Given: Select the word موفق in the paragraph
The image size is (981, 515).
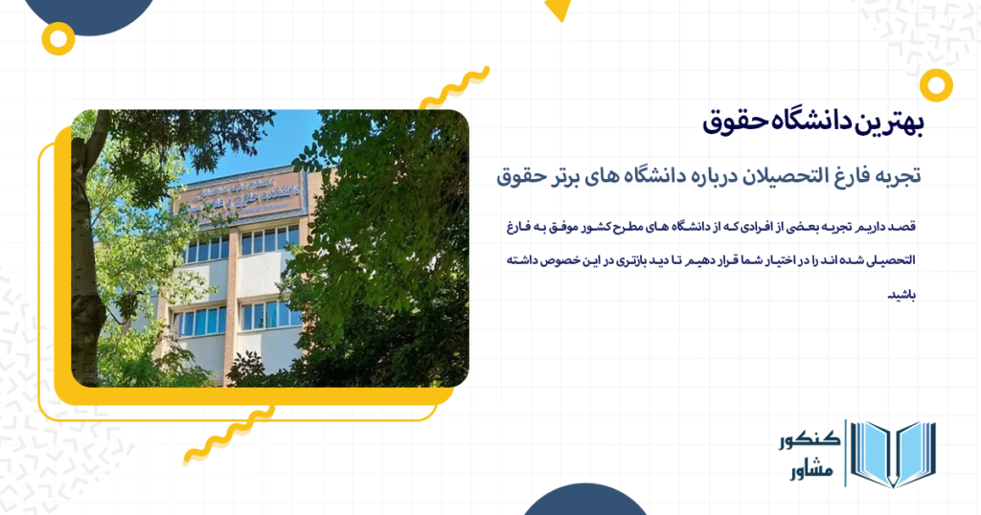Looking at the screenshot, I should (565, 227).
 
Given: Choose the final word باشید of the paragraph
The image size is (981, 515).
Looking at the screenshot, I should (903, 294).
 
